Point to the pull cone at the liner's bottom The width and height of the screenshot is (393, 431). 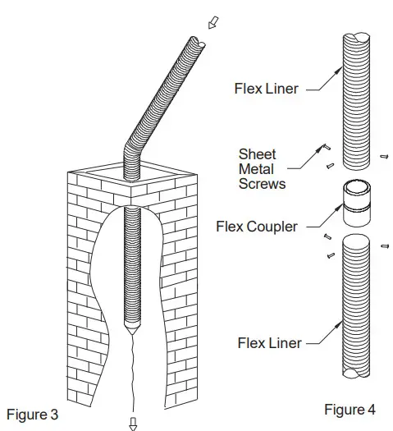coord(131,328)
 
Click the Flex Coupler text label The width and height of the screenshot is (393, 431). coord(256,227)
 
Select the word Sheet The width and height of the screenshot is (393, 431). coord(255,154)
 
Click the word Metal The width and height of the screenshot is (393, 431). coord(255,169)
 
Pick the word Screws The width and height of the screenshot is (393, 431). coord(262,184)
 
